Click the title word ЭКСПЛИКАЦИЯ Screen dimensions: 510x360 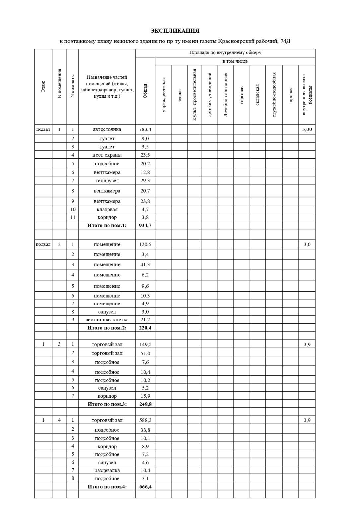[175, 31]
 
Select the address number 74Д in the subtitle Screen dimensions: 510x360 [285, 41]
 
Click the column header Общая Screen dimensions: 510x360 [145, 91]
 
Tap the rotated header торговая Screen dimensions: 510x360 [242, 95]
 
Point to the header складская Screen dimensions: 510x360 [257, 95]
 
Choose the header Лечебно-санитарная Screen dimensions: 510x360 [226, 95]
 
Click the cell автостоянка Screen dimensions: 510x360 [107, 129]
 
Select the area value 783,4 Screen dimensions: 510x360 [145, 129]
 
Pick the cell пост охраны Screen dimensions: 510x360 [107, 155]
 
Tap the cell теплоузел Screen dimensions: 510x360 [107, 181]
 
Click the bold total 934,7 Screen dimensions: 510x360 [145, 226]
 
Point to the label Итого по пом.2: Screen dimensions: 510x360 [107, 328]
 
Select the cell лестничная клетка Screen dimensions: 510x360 [107, 320]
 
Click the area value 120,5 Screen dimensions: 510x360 [145, 245]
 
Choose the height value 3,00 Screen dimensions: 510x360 [307, 129]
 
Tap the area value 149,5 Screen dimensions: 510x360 [145, 345]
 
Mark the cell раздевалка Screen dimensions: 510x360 [107, 470]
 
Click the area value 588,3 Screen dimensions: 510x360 [145, 420]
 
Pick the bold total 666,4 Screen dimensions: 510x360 [145, 487]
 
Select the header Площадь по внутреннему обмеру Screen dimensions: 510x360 [225, 53]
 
